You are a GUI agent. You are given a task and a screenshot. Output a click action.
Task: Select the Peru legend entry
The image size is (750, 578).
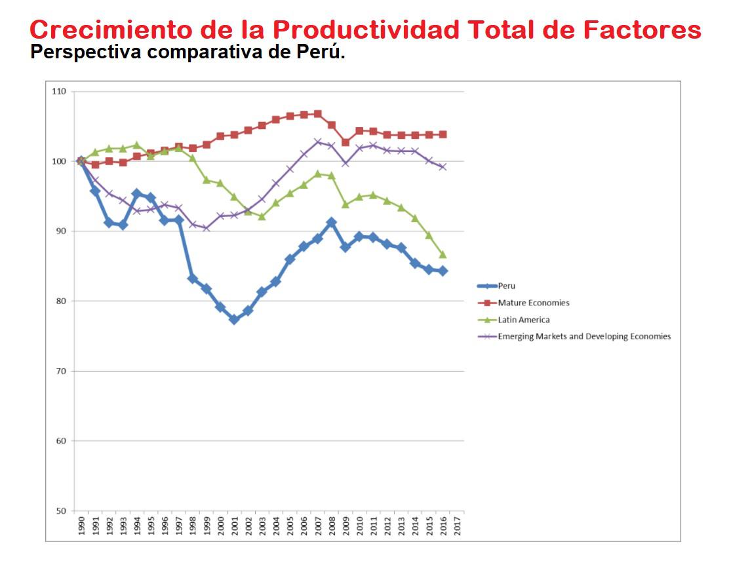pos(506,286)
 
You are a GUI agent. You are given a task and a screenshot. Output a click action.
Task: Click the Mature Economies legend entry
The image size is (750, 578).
pos(533,303)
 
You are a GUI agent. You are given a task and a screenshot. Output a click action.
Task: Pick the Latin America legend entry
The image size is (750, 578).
pos(523,320)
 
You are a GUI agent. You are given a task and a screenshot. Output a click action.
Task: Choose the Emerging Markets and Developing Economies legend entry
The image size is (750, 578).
pos(583,336)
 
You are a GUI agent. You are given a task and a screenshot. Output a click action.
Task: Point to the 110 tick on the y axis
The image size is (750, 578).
pos(59,91)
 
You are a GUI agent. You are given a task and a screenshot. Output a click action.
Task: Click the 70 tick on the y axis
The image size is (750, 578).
pos(61,371)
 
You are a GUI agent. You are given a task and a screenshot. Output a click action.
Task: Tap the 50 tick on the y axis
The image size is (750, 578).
pos(61,511)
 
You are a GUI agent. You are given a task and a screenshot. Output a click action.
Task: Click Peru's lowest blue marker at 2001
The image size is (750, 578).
pos(234,319)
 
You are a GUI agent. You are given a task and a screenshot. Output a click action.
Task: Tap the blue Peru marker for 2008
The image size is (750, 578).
pos(332,223)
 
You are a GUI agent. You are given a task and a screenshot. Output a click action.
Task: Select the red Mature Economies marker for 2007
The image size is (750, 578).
pos(318,114)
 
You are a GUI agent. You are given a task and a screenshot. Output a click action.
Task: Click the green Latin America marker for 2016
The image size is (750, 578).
pos(443,254)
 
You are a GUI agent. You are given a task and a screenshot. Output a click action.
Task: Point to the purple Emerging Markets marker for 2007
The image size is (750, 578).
pos(318,142)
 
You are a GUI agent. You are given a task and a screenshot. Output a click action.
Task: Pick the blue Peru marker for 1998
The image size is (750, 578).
pos(193,279)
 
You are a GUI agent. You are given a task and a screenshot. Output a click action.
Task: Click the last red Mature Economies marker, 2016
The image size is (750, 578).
pos(443,134)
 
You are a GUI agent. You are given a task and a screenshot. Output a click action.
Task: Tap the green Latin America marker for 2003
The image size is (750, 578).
pos(262,216)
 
